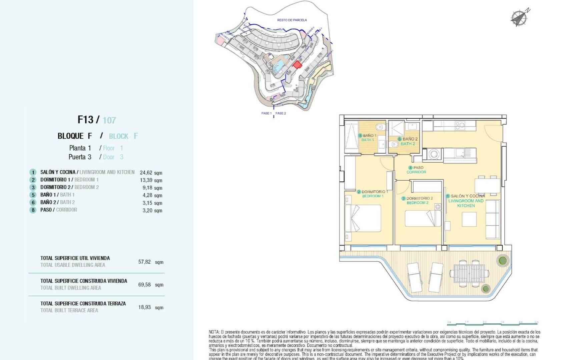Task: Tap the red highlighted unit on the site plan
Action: pyautogui.click(x=297, y=65)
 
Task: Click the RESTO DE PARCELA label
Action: pyautogui.click(x=292, y=20)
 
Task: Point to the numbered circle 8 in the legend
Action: pyautogui.click(x=33, y=210)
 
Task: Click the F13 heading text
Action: pyautogui.click(x=85, y=120)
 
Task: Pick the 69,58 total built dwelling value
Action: pyautogui.click(x=144, y=285)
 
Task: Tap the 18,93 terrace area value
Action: pyautogui.click(x=144, y=307)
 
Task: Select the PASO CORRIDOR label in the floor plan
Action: pyautogui.click(x=416, y=170)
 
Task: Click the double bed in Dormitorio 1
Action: pyautogui.click(x=363, y=218)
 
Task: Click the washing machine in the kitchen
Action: pyautogui.click(x=434, y=154)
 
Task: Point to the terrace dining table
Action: pyautogui.click(x=469, y=273)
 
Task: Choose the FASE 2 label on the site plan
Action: pyautogui.click(x=281, y=113)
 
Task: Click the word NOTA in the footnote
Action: pyautogui.click(x=214, y=332)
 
